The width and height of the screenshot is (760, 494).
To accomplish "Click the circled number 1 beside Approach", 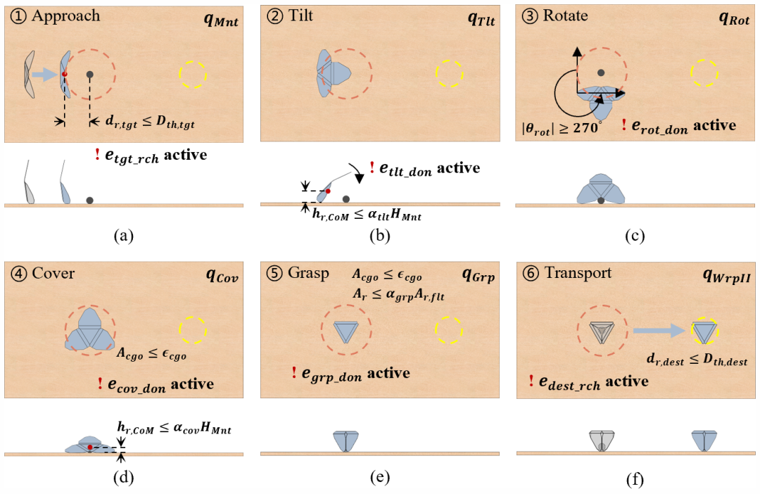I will [x=16, y=15].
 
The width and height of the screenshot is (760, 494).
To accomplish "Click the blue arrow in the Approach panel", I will [x=45, y=74].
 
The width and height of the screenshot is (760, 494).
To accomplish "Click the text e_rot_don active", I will [x=686, y=126].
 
